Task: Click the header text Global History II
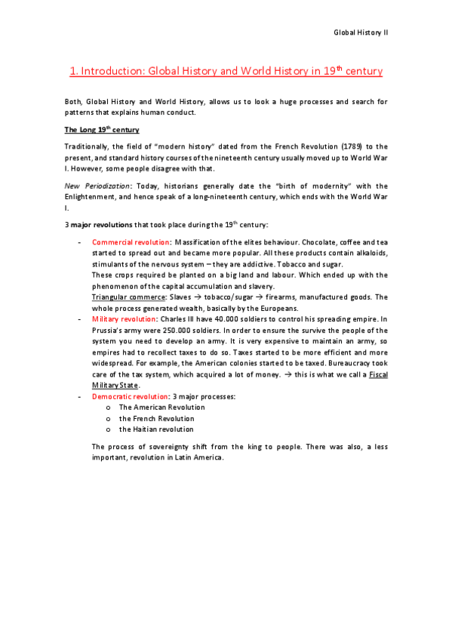click(361, 33)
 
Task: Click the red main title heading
click(226, 72)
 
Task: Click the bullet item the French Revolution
click(156, 418)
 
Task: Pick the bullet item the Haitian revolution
click(156, 429)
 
